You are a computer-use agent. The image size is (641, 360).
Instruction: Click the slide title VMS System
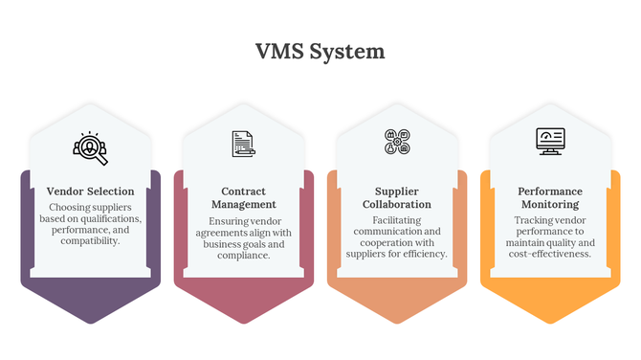[x=320, y=51]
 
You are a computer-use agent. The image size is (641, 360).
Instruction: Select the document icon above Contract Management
[x=244, y=144]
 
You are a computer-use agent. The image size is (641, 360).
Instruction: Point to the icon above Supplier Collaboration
[x=397, y=143]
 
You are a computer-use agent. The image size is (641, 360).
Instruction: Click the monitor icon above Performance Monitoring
[x=550, y=142]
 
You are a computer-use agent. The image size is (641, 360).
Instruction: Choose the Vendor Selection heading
[x=91, y=191]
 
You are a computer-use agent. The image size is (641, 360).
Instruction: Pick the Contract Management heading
[x=244, y=197]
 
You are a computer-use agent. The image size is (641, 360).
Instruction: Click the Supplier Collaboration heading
[x=397, y=197]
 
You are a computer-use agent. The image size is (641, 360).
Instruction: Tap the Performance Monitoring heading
[x=550, y=197]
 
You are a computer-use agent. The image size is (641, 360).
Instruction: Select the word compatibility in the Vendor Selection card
[x=90, y=241]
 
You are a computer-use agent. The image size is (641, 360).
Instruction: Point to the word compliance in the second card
[x=244, y=256]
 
